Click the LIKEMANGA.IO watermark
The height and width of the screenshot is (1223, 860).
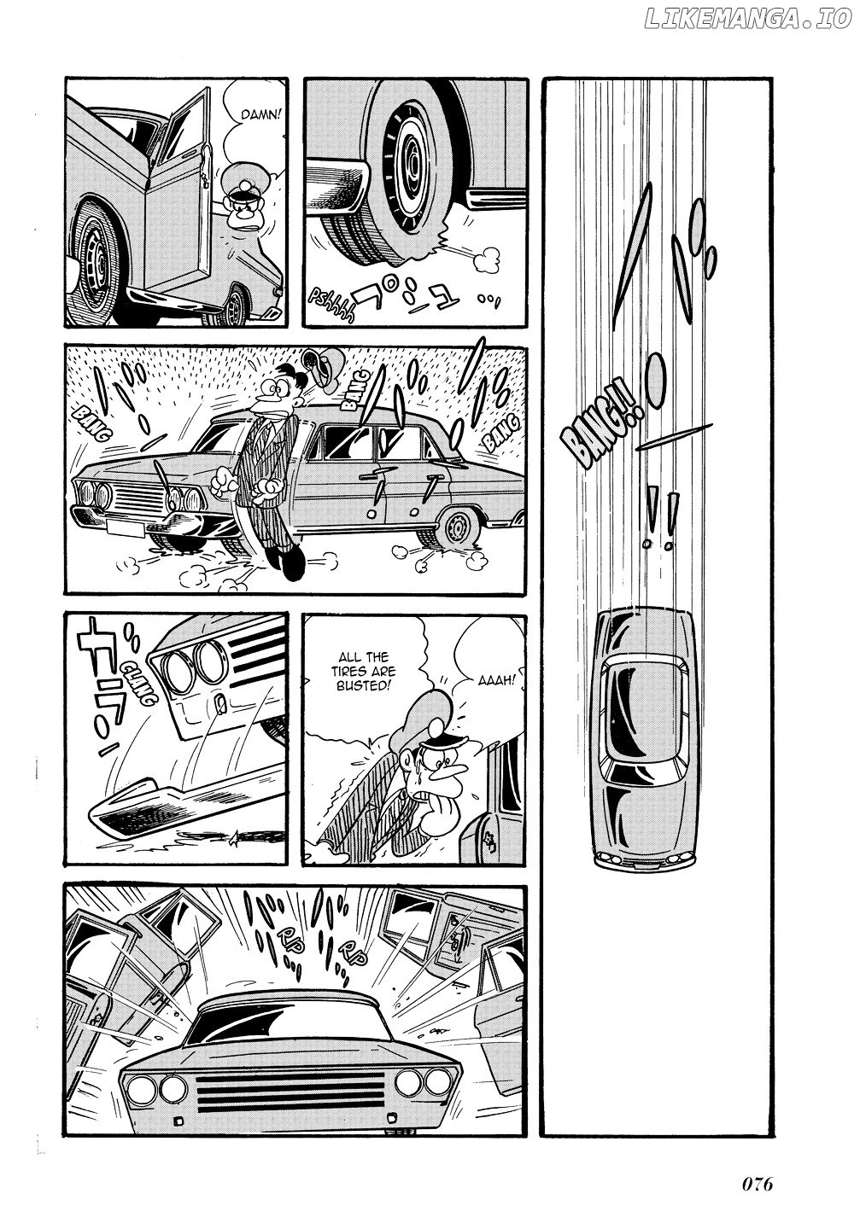(748, 19)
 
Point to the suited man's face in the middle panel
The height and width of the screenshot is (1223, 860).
(273, 393)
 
